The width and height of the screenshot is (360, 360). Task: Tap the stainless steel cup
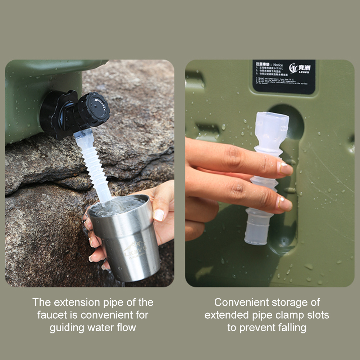[126, 241]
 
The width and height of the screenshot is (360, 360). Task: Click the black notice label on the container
[284, 77]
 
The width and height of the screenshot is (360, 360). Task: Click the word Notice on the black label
[278, 65]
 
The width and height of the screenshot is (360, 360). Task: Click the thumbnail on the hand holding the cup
[159, 215]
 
